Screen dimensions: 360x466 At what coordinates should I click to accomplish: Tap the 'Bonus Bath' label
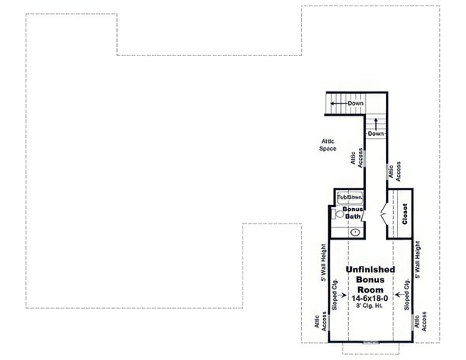[x=353, y=214]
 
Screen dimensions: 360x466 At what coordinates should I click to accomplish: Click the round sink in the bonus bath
[x=356, y=231]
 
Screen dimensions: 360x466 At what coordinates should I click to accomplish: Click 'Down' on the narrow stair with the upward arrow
[x=376, y=133]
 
